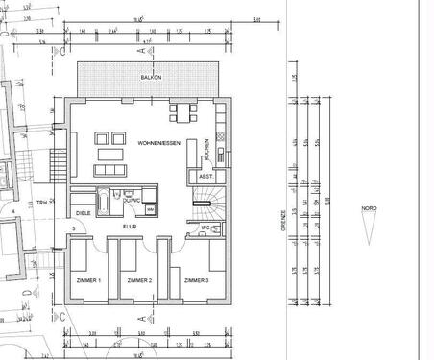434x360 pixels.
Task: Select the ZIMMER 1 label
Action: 87,280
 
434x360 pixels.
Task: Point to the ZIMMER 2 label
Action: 139,280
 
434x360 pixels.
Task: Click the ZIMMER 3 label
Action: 196,280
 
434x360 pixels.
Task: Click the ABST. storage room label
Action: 205,177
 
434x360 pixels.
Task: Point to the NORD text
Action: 370,206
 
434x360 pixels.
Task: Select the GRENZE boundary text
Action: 282,220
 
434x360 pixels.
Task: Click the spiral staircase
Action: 206,202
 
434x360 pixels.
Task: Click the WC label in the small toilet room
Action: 205,228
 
